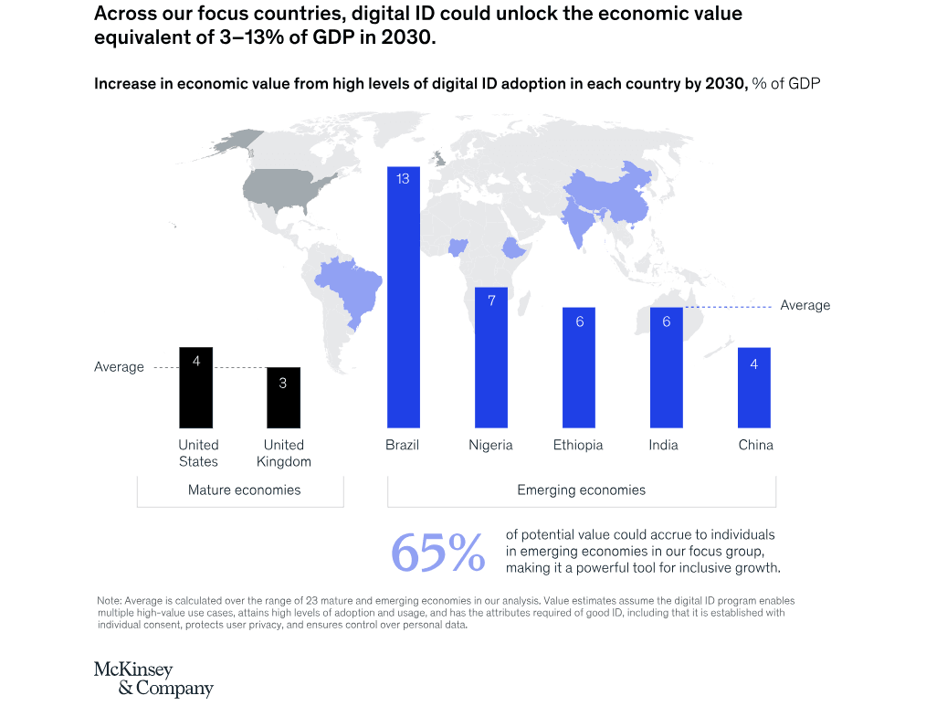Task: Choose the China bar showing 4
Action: [x=753, y=387]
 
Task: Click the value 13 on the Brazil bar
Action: [x=403, y=179]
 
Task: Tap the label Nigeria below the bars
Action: [x=490, y=445]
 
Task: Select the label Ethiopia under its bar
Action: [x=578, y=445]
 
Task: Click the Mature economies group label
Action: [x=244, y=490]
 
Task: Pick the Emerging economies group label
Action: [x=581, y=490]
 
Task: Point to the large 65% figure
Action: [x=437, y=553]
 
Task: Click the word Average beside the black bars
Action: [x=119, y=367]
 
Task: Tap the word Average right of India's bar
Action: [x=805, y=305]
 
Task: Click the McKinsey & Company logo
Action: [x=153, y=679]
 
